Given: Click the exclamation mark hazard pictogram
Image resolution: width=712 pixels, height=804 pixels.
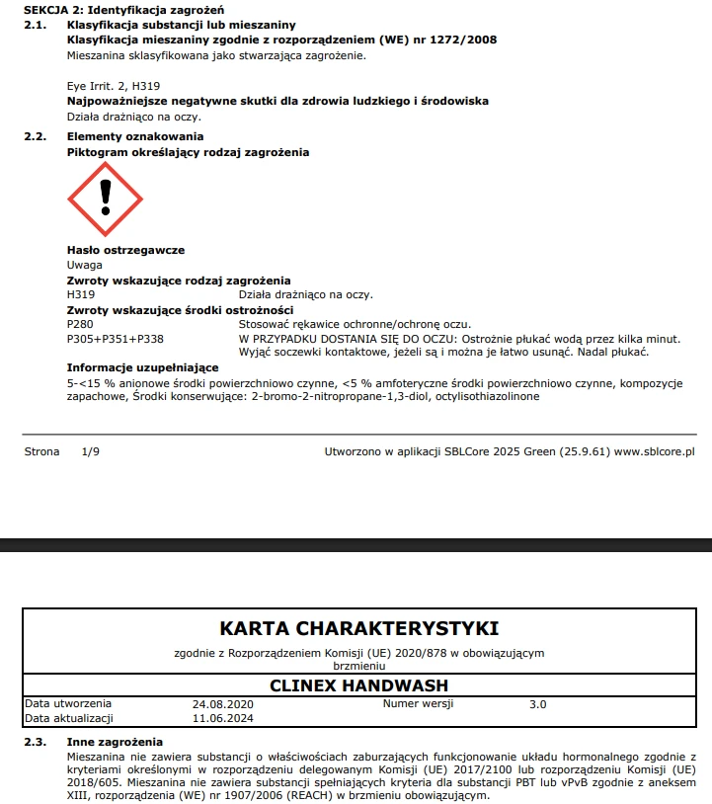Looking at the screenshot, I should [x=105, y=200].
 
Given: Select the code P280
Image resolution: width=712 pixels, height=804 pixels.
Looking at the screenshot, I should [x=80, y=324].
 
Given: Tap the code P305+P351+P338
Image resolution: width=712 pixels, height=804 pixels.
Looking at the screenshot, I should [x=115, y=338].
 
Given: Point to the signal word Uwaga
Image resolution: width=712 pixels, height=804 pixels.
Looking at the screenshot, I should [x=84, y=265].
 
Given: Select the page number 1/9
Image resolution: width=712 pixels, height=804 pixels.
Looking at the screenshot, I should [x=91, y=451].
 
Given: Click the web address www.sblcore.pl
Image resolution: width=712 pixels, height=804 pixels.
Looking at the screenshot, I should [x=654, y=451].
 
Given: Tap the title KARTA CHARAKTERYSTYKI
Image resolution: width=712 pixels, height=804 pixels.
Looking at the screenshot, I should [x=358, y=628].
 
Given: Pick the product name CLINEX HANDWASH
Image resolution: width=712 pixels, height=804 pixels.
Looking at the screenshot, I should [x=358, y=685].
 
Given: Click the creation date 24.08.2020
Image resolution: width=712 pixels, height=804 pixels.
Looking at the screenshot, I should [x=223, y=704].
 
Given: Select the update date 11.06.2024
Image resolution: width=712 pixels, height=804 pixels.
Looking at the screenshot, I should [x=223, y=718].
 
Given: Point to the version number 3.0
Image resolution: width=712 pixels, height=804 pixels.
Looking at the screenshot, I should [x=537, y=704].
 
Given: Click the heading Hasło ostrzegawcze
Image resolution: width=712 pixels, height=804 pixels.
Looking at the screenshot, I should [x=125, y=250].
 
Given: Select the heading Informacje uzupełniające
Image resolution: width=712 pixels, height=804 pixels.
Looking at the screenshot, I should [x=142, y=367].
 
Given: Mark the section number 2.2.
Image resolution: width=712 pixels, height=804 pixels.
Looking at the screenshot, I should [x=36, y=136].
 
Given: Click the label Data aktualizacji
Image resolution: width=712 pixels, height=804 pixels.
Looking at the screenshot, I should [x=69, y=718].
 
